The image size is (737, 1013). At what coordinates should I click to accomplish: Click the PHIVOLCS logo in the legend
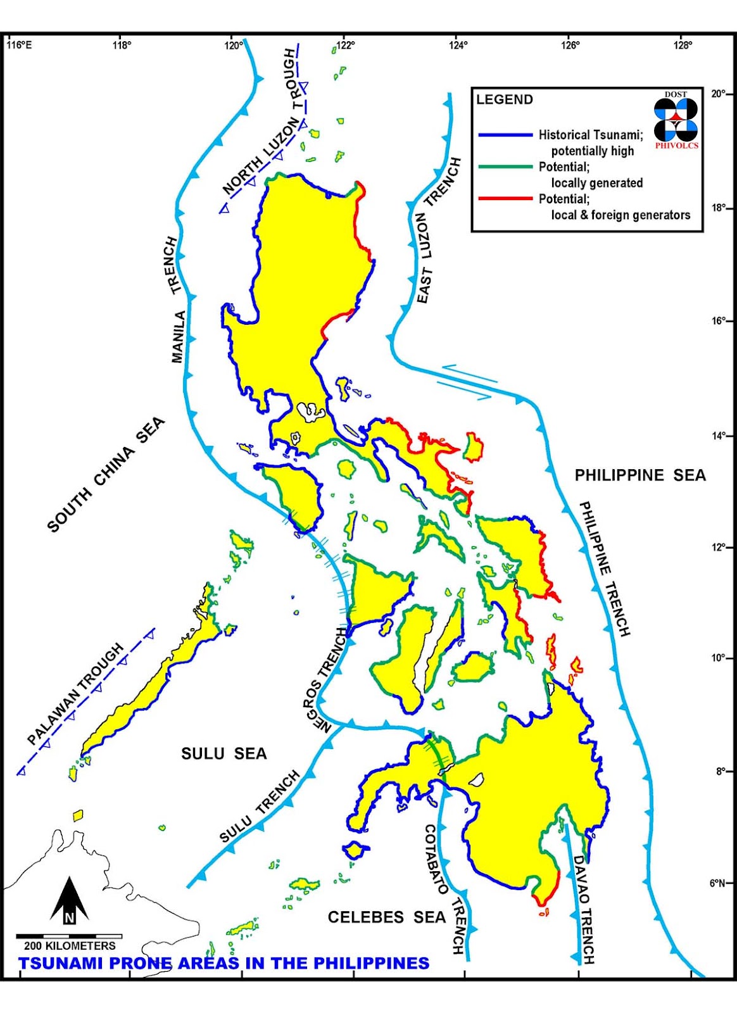click(x=676, y=120)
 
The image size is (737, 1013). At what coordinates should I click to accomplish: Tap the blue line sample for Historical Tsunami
click(x=505, y=135)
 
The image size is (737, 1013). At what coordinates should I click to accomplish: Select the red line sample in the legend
click(x=505, y=199)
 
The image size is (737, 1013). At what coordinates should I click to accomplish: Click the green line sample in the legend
click(x=505, y=167)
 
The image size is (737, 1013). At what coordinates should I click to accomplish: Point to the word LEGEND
click(x=504, y=99)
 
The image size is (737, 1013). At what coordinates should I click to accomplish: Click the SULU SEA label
click(x=224, y=753)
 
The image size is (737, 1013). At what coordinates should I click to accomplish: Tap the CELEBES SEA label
click(x=386, y=917)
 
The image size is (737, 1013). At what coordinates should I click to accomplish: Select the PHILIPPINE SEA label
click(x=639, y=475)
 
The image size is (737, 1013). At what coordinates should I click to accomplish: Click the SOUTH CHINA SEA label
click(x=106, y=475)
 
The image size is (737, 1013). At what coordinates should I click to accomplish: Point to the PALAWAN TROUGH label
click(x=76, y=695)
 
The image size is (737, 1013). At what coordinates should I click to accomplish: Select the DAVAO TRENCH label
click(x=583, y=909)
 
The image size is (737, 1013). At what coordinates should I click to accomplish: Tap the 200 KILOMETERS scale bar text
click(x=70, y=946)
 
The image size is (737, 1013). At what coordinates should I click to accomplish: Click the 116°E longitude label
click(x=19, y=45)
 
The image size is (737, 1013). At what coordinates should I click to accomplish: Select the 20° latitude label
click(x=718, y=94)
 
